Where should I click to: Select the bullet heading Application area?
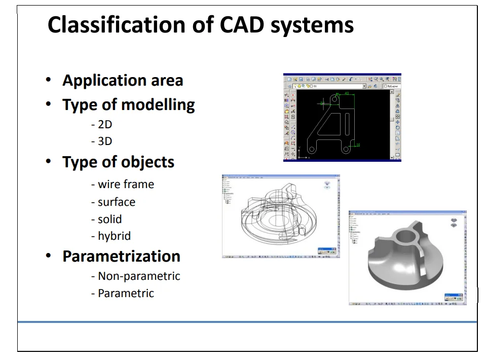point(123,81)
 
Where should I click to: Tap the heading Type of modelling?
point(128,105)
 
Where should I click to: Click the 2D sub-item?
point(101,125)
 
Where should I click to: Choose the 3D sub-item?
point(101,141)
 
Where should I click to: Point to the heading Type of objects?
point(118,162)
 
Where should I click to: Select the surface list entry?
point(113,202)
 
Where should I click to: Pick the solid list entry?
point(106,219)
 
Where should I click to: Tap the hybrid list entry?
point(111,236)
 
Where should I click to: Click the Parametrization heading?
point(121,256)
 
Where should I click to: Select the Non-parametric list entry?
point(135,276)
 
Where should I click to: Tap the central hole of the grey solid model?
point(406,236)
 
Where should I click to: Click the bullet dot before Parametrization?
point(48,256)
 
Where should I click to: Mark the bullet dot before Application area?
point(48,80)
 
